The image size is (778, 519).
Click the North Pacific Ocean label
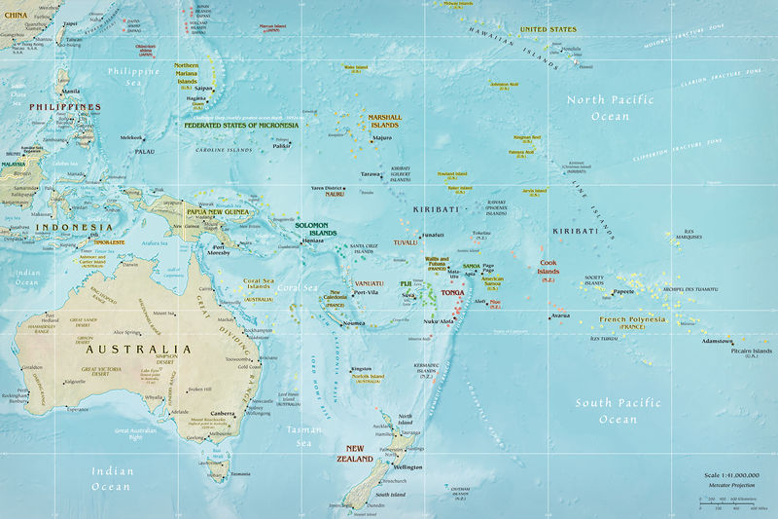610,108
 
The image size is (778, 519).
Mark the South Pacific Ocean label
618,411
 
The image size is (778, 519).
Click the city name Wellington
407,467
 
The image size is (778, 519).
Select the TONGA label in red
453,292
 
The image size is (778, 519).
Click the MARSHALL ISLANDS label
383,121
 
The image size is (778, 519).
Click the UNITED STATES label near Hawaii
548,29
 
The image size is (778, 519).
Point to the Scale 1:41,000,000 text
731,475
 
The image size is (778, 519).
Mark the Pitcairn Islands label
749,351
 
